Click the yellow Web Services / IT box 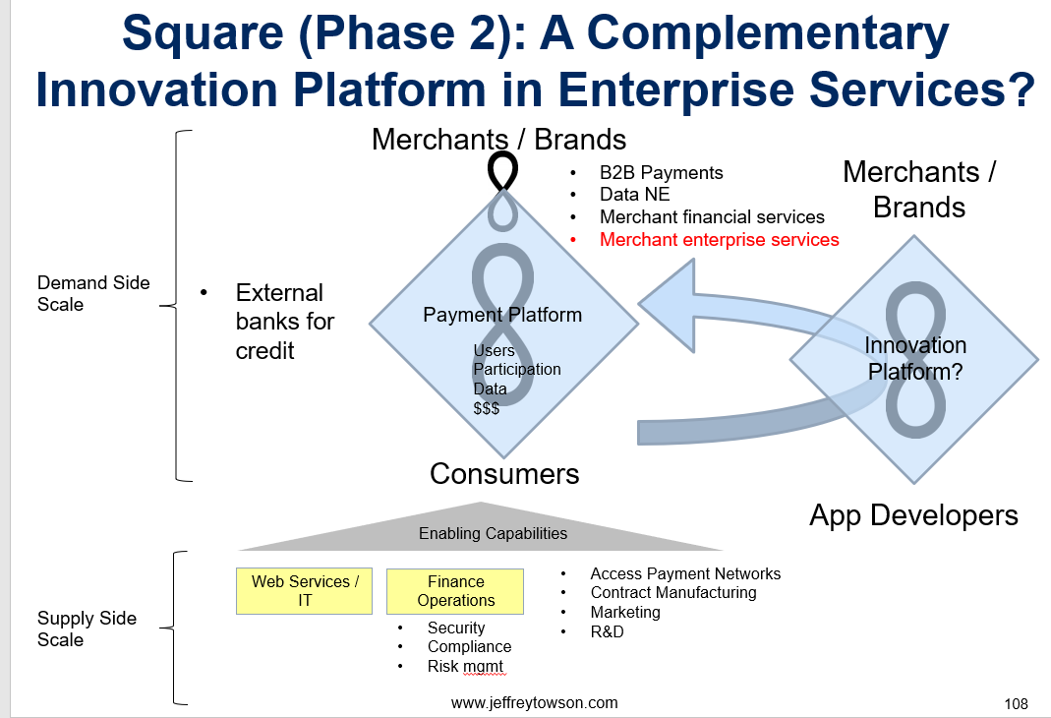pos(305,591)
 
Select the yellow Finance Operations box pos(455,591)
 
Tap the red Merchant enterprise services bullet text pos(720,239)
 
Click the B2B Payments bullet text pos(661,173)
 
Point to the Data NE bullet pos(635,195)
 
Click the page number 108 pos(1017,704)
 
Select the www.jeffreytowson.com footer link pos(534,702)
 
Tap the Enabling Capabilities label pos(493,534)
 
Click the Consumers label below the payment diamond pos(504,474)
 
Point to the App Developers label pos(913,515)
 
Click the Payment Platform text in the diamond pos(502,315)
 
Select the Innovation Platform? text pos(915,358)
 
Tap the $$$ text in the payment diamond pos(486,408)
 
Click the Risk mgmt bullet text pos(465,667)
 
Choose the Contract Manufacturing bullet pos(672,593)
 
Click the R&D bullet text pos(607,631)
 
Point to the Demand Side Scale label pos(93,294)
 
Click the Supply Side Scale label pos(87,628)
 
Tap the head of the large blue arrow pos(668,306)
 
